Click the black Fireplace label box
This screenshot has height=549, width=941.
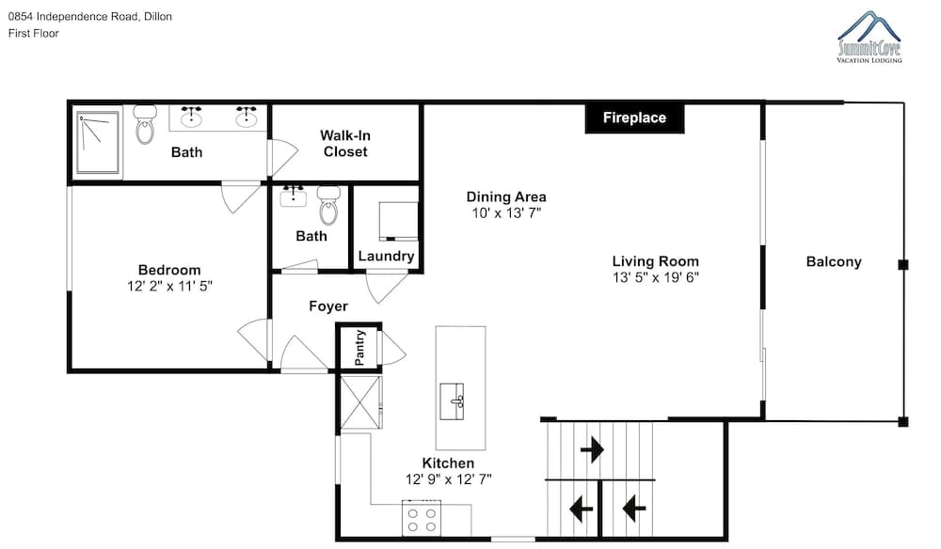point(634,118)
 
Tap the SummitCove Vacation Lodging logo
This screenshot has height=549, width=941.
point(869,37)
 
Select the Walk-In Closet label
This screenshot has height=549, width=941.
point(345,144)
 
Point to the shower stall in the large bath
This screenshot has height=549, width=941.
point(98,143)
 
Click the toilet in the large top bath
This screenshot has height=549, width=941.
point(145,124)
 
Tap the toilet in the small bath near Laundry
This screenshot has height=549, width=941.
point(328,205)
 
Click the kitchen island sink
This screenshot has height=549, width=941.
point(452,401)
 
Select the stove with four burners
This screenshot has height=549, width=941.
point(422,518)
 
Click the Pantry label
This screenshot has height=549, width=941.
point(359,348)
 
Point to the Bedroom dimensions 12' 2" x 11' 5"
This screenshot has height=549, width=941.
point(169,287)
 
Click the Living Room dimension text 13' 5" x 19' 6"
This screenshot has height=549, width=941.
point(655,277)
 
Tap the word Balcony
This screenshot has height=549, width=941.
point(834,262)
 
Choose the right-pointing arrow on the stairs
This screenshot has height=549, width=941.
point(592,449)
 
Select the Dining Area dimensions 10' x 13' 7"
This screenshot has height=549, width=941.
point(506,212)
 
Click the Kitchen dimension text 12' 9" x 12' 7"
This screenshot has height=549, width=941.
point(448,479)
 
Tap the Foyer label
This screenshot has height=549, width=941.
point(328,306)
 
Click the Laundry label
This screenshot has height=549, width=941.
point(386,257)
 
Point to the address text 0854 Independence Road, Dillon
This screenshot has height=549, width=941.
point(90,17)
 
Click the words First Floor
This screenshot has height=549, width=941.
point(34,34)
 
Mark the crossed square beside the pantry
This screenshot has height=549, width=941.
point(360,402)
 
